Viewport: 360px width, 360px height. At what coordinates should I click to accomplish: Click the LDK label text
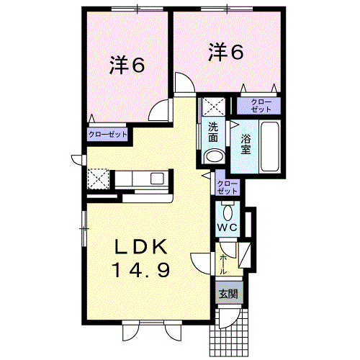click(141, 247)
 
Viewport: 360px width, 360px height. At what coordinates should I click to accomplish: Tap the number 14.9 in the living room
click(142, 269)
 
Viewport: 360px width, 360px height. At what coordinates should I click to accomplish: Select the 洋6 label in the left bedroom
click(127, 65)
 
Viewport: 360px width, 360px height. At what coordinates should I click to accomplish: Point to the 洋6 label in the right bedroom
click(226, 52)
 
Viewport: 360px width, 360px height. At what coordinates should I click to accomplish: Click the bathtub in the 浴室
click(270, 146)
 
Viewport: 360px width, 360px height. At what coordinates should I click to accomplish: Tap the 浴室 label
click(246, 144)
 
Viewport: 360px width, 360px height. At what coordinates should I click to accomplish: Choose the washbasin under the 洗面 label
click(214, 156)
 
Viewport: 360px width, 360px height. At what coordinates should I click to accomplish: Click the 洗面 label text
click(213, 132)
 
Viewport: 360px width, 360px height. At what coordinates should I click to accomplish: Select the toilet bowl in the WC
click(228, 213)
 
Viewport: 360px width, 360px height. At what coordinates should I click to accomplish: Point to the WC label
click(228, 227)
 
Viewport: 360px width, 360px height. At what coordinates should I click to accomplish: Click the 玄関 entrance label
click(228, 294)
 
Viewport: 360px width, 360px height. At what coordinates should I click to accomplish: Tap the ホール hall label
click(223, 264)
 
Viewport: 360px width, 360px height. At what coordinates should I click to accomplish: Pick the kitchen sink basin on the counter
click(157, 179)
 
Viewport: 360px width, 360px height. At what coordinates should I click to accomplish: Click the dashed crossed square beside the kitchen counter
click(98, 179)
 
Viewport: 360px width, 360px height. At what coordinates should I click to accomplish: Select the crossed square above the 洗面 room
click(213, 107)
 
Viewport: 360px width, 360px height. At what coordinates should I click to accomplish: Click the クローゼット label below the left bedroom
click(107, 135)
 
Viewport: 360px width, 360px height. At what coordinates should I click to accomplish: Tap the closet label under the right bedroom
click(261, 106)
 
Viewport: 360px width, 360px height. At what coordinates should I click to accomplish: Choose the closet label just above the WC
click(227, 187)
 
